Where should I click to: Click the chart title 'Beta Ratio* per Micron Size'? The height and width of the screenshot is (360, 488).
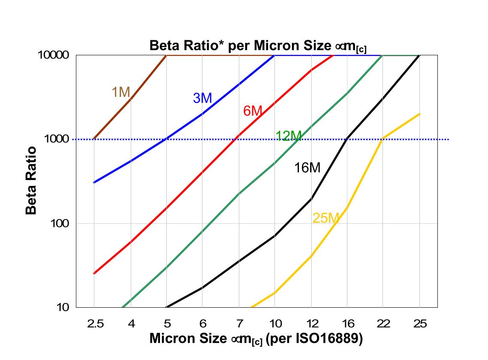coord(257,46)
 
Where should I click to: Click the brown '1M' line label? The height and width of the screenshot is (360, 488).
coord(120,92)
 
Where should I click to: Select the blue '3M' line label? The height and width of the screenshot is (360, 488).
coord(202,98)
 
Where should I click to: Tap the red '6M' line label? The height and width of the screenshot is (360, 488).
coord(253,111)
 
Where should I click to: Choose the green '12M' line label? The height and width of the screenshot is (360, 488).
coord(289,136)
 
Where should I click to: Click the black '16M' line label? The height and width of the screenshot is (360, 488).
coord(307,168)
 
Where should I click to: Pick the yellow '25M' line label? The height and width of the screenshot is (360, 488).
coord(325,218)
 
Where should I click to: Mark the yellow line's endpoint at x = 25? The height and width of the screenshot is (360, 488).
coord(419,114)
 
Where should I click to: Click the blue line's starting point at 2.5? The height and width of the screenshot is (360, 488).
coord(94,183)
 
